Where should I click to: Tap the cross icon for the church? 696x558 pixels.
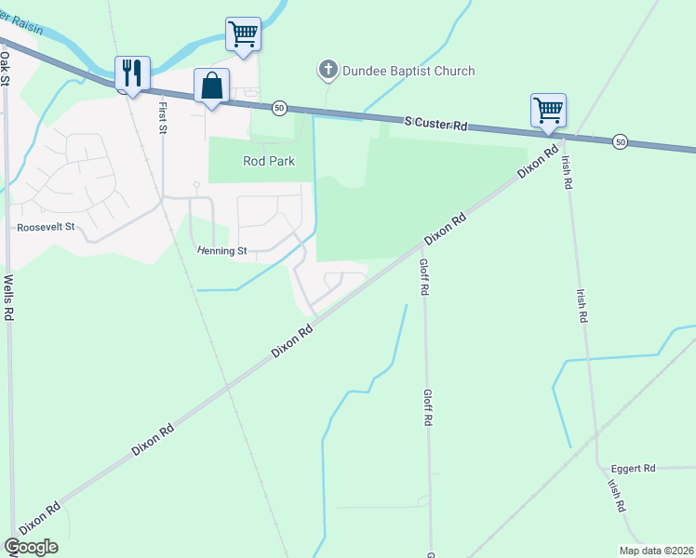tap(327, 70)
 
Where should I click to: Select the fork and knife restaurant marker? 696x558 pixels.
tap(131, 73)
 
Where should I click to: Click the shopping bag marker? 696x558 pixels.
tap(211, 86)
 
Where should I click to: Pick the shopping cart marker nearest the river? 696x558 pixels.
tap(243, 34)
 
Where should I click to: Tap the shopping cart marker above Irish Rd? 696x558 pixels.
tap(548, 110)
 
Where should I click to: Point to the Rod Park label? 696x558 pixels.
tap(269, 161)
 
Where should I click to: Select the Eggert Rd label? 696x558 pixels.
tap(633, 468)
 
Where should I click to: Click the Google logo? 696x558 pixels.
tap(31, 547)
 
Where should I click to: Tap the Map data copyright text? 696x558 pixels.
tap(656, 551)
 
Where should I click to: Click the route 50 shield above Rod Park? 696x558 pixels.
tap(279, 109)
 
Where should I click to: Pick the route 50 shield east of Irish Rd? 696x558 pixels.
tap(621, 141)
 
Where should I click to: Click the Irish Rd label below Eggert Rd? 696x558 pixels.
tap(616, 497)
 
